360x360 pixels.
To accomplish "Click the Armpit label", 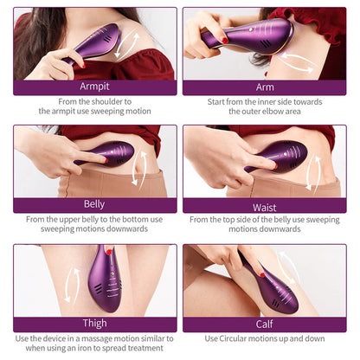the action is coord(94,87).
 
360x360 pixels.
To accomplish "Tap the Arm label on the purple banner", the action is coord(265,87).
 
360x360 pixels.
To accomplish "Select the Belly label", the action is coord(94,204).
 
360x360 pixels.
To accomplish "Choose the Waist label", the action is coord(265,208).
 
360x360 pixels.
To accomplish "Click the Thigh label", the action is coord(94,323).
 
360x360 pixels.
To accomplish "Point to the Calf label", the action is coord(264,324).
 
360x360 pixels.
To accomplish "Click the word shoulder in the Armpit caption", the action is coord(106,101).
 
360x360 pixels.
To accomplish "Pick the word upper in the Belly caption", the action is coord(69,220).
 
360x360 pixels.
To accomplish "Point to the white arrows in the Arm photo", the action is coord(298,62).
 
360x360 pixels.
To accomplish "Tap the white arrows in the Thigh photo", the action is coord(72,285).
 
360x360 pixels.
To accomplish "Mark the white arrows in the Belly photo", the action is coord(139,168).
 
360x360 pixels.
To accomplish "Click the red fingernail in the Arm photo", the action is coord(224,41).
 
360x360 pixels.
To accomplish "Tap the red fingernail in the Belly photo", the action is coord(106,160).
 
